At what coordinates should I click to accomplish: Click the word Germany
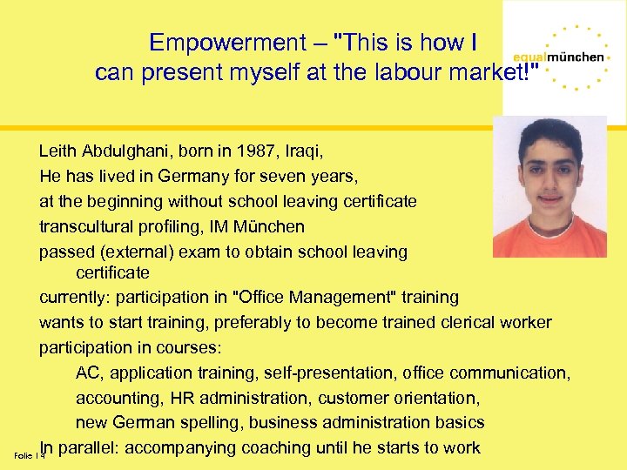tap(191, 176)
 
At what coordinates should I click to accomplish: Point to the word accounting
tap(112, 398)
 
